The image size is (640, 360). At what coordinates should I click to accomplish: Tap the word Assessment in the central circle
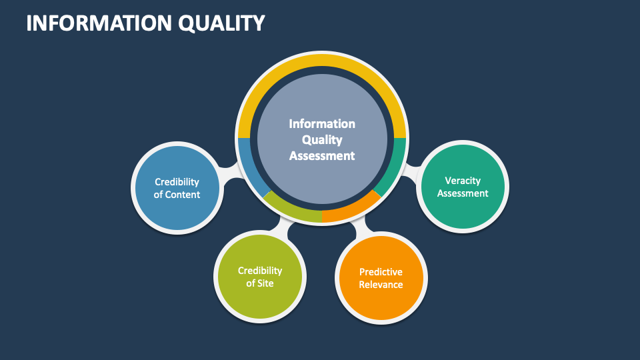[322, 156]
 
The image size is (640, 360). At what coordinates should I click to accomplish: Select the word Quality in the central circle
[322, 140]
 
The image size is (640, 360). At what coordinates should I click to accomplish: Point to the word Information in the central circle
[322, 124]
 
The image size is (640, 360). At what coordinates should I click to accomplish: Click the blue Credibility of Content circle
[177, 188]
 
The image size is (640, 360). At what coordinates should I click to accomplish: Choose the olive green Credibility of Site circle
[259, 277]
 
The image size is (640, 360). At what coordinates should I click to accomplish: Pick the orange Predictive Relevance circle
[381, 278]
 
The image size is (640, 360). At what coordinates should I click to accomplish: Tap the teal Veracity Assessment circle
[463, 187]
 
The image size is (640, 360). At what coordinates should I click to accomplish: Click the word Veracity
[463, 180]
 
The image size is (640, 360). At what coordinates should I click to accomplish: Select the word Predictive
[381, 272]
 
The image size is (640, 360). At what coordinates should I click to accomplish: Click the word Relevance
[381, 285]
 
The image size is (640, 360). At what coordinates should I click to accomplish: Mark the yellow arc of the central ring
[322, 64]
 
